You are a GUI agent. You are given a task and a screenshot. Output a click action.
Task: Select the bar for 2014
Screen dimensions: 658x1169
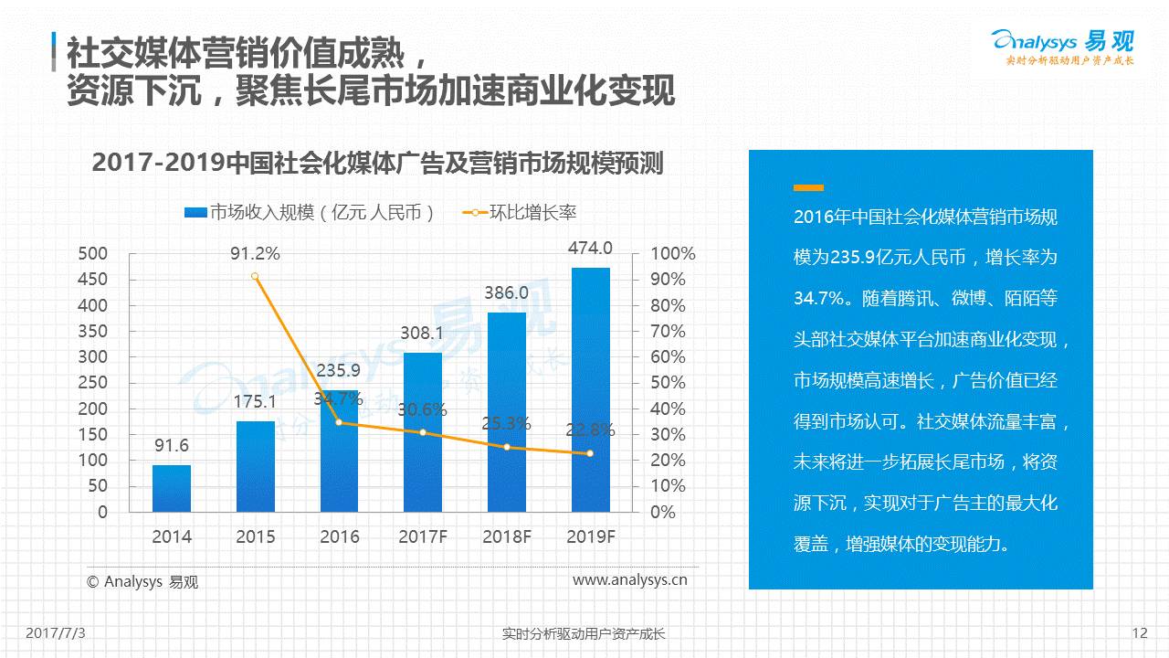coord(172,488)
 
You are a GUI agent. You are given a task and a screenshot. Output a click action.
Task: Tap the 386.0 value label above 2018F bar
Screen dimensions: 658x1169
coord(506,293)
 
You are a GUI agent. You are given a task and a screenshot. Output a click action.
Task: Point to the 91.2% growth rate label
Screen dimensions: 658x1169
coord(255,253)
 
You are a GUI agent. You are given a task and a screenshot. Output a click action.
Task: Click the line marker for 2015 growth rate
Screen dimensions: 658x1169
coord(255,276)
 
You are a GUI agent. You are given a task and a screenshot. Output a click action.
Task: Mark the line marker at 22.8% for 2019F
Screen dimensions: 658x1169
coord(590,453)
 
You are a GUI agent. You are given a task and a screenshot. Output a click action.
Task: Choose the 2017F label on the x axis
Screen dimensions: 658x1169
coord(423,536)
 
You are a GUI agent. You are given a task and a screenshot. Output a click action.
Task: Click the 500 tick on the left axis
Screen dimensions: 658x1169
coord(92,253)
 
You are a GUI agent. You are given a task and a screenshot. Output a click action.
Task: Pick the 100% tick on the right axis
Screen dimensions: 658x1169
coord(672,254)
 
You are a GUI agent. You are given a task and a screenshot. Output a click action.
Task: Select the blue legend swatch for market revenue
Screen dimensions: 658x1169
coord(195,213)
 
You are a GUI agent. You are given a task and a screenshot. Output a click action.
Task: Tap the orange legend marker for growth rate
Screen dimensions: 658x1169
coord(475,213)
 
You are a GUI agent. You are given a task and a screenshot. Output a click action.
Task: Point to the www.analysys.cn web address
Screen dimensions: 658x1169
coord(630,579)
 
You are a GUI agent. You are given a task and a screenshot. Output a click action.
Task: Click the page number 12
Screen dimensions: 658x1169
coord(1139,632)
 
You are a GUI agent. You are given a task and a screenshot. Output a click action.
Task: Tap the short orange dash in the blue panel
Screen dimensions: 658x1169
coord(808,187)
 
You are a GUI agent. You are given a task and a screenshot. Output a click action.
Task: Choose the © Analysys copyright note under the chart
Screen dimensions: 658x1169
coord(142,581)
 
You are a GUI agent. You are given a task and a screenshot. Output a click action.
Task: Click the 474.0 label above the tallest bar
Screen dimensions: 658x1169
coord(590,248)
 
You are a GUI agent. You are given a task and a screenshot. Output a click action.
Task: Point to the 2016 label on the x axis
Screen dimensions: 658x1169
coord(339,536)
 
